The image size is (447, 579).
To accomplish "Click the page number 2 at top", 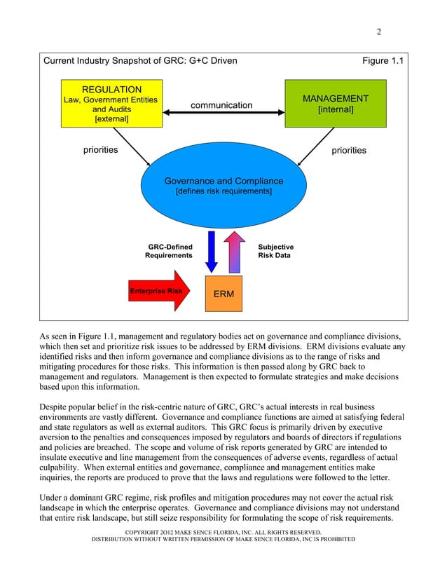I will pyautogui.click(x=378, y=32).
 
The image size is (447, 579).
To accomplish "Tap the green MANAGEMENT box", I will pyautogui.click(x=335, y=104).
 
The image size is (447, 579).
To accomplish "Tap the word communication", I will pyautogui.click(x=221, y=105).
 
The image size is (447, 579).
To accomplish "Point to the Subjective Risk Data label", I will pyautogui.click(x=276, y=252).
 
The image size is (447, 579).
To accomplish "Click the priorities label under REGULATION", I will pyautogui.click(x=101, y=150).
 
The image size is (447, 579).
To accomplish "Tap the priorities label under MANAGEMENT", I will pyautogui.click(x=349, y=150).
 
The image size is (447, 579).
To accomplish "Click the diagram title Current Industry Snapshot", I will pyautogui.click(x=140, y=61).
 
